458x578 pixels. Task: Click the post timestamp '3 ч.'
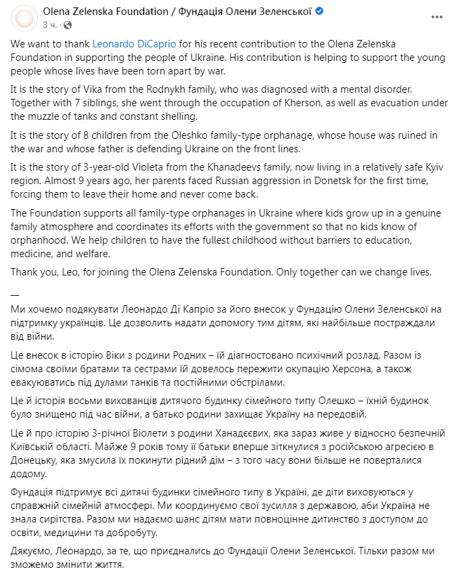(49, 24)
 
